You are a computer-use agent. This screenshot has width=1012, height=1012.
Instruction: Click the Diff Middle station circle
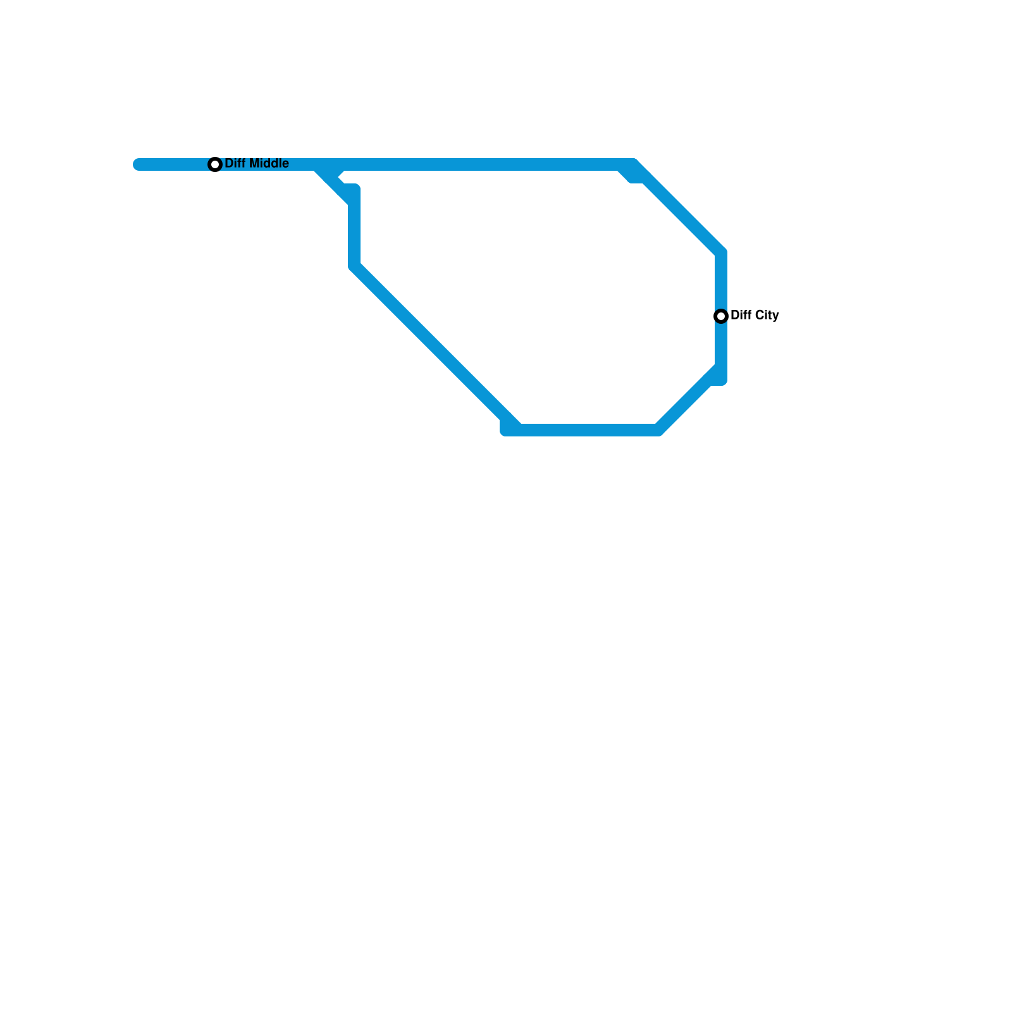[x=215, y=164]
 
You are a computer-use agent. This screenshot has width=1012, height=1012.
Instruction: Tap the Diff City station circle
[x=721, y=316]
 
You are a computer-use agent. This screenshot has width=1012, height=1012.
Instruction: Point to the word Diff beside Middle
[x=235, y=163]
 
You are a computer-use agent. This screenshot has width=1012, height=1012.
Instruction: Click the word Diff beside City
[x=741, y=315]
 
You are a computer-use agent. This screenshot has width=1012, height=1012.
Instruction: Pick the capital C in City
[x=759, y=315]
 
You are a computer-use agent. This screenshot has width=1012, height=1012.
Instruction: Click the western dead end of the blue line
[x=139, y=164]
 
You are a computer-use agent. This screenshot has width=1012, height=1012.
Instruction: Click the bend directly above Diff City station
[x=721, y=253]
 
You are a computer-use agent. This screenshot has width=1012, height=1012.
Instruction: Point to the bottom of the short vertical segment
[x=354, y=266]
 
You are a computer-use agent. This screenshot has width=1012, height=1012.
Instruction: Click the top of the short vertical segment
[x=354, y=190]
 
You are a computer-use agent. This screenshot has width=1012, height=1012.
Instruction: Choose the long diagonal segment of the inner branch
[x=436, y=348]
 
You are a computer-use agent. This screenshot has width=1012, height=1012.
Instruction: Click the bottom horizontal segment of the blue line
[x=582, y=430]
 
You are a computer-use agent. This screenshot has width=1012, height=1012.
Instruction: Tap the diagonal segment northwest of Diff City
[x=677, y=209]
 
